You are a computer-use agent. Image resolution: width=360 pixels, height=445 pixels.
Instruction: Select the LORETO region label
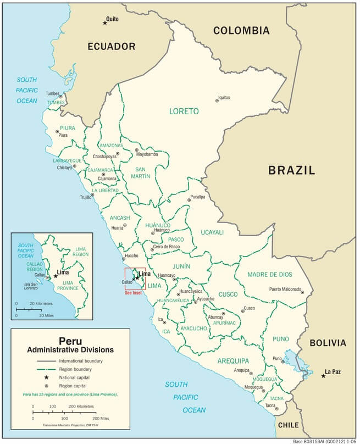pyautogui.click(x=184, y=111)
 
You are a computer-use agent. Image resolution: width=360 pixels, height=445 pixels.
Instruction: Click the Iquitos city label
pyautogui.click(x=224, y=98)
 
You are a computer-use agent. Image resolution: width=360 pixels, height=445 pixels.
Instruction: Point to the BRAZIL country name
pyautogui.click(x=291, y=170)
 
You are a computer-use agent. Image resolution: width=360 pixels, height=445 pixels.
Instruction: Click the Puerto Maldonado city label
pyautogui.click(x=285, y=289)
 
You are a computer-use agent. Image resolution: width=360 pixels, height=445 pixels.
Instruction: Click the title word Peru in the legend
pyautogui.click(x=70, y=341)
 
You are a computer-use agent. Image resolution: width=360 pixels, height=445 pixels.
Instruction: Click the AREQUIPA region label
pyautogui.click(x=233, y=361)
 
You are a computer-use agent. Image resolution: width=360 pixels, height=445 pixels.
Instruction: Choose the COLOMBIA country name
pyautogui.click(x=241, y=31)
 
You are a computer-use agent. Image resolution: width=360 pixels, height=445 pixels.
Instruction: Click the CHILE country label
pyautogui.click(x=289, y=425)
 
